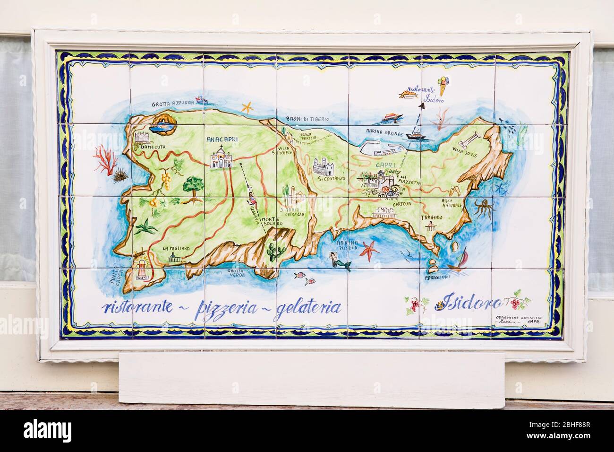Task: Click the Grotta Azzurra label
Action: pyautogui.click(x=173, y=103)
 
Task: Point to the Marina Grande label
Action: pyautogui.click(x=384, y=133)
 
